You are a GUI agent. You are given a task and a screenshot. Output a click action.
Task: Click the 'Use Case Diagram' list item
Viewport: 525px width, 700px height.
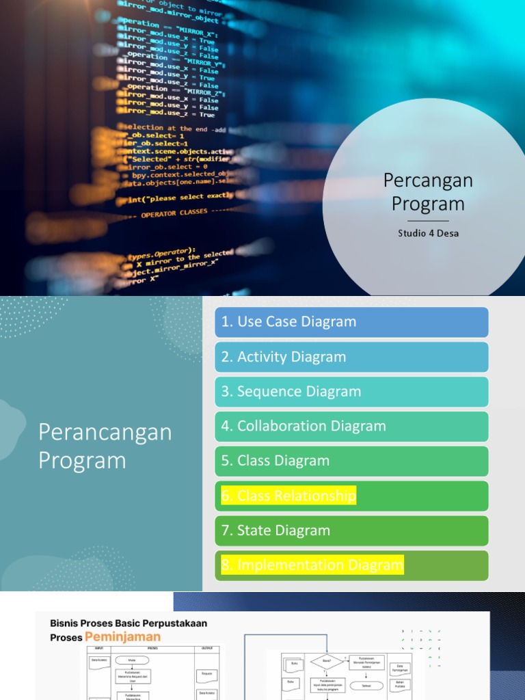[x=351, y=322]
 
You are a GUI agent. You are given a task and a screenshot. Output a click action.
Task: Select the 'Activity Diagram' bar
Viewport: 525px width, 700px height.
[x=351, y=357]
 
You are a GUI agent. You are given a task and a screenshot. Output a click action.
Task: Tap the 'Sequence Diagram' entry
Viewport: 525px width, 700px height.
[x=351, y=392]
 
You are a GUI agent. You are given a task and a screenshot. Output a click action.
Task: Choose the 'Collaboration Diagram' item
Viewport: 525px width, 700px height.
[x=351, y=427]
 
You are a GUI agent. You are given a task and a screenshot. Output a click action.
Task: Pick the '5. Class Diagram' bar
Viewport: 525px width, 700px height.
[x=351, y=461]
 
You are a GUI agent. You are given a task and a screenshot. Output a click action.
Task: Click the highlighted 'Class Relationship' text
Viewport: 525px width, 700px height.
[x=288, y=496]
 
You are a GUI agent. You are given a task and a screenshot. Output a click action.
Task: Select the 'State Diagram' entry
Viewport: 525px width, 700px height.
[x=351, y=530]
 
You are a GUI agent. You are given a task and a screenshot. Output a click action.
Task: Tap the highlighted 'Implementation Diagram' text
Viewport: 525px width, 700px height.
[x=312, y=565]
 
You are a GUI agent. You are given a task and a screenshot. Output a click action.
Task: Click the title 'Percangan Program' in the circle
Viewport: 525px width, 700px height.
[x=428, y=192]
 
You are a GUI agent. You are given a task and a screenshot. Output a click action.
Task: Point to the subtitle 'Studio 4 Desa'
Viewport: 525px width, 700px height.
[x=428, y=233]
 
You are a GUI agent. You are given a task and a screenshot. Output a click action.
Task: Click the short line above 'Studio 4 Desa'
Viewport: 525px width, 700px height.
[x=428, y=221]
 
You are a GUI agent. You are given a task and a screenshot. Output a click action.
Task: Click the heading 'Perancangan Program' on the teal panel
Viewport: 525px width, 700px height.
[x=105, y=446]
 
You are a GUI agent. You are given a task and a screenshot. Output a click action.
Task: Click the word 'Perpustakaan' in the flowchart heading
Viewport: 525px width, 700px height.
[x=174, y=623]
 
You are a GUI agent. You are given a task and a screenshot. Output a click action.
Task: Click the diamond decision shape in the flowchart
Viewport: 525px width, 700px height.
[x=326, y=661]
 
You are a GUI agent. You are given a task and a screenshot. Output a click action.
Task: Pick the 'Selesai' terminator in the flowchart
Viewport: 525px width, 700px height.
[x=366, y=685]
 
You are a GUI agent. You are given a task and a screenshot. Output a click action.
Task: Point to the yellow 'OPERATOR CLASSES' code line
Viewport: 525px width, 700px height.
[x=174, y=213]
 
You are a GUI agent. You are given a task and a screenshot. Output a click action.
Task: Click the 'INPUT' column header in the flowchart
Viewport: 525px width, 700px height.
[x=100, y=647]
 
